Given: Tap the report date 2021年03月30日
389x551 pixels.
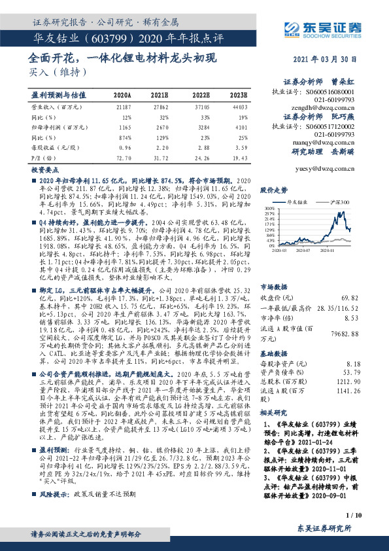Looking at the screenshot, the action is coord(325,58).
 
